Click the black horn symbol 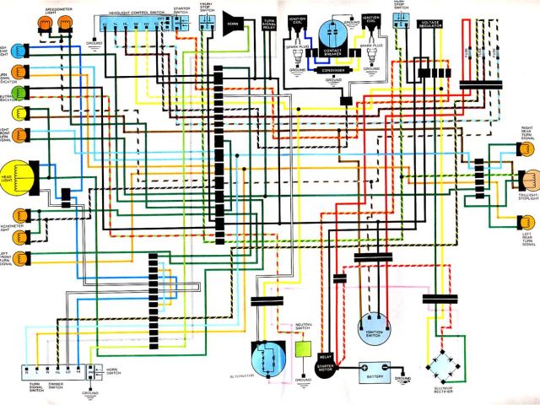pyautogui.click(x=230, y=18)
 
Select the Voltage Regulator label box pyautogui.click(x=429, y=26)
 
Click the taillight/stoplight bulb pyautogui.click(x=529, y=181)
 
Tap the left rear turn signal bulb pyautogui.click(x=524, y=223)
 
